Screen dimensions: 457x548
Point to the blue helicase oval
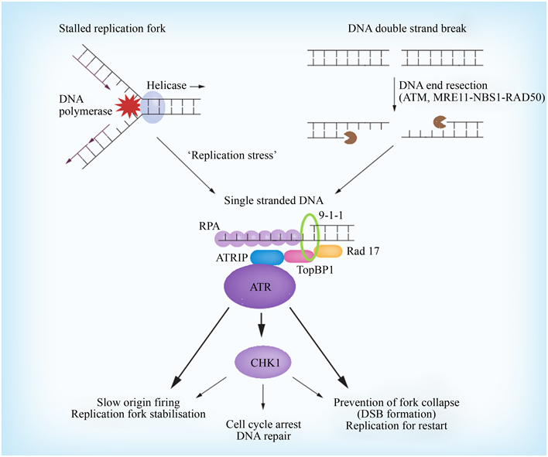pyautogui.click(x=152, y=105)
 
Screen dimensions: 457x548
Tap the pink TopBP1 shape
pyautogui.click(x=298, y=256)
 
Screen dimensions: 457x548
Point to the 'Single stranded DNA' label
pyautogui.click(x=270, y=200)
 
